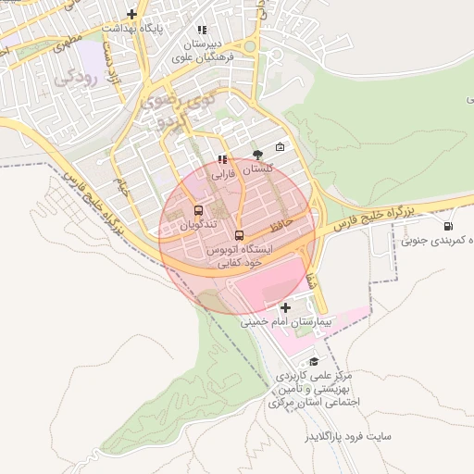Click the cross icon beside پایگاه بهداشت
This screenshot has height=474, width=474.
coord(132,14)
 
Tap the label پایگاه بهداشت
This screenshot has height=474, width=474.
coord(165,29)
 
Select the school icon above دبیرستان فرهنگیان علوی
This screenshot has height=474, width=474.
coord(202,30)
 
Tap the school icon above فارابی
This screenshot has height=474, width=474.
coord(221,159)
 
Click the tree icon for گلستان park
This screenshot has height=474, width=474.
coord(257,155)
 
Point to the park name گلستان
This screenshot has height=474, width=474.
coord(258,170)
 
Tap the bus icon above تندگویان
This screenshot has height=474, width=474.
coord(198,210)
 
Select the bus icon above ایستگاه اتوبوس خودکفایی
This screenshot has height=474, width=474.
coord(240,235)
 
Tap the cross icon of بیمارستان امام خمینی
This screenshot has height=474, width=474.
coord(285,307)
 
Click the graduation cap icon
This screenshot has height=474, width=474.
coord(314,362)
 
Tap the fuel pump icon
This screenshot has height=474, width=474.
coord(449,226)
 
